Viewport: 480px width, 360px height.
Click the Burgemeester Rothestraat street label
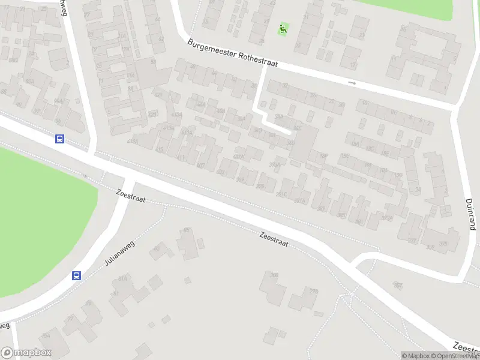tap(232, 54)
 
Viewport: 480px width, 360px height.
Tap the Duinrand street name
tap(471, 215)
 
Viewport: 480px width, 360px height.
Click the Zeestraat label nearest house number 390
tap(274, 240)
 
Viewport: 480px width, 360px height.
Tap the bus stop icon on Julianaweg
tap(77, 276)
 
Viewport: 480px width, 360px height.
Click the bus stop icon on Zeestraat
tap(59, 139)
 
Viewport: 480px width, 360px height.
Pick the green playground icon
tap(283, 28)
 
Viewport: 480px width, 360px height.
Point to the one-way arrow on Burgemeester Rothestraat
tap(352, 83)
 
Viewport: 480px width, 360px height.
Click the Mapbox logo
tap(26, 353)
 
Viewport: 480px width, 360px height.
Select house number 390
tap(275, 275)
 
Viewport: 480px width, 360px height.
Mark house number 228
tap(313, 291)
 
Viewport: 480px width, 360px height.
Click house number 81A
tap(123, 278)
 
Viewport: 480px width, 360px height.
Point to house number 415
tap(159, 149)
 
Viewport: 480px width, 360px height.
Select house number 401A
tap(238, 158)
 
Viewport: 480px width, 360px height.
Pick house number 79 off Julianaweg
tap(88, 304)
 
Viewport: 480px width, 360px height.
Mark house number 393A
tap(275, 165)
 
